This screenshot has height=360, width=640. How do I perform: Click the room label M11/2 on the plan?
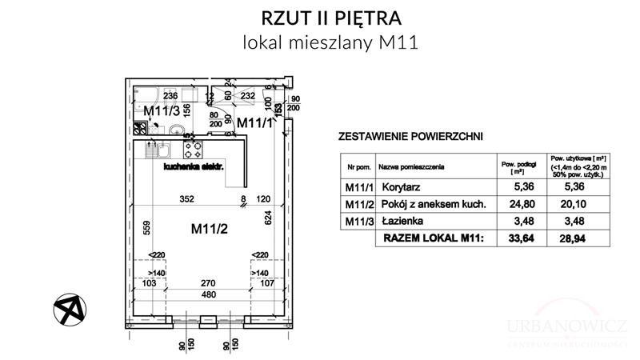[209, 230]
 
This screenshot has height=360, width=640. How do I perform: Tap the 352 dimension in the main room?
[186, 201]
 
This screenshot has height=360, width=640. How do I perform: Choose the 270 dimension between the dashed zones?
[208, 282]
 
